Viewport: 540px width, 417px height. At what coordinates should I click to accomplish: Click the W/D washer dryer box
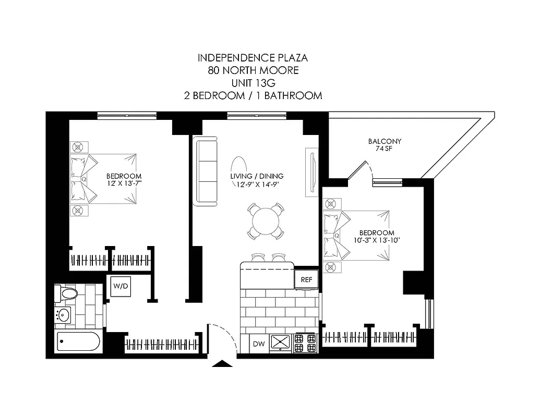120,286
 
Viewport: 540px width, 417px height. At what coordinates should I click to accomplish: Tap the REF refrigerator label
306,280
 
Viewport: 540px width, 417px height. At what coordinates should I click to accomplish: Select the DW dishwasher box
258,344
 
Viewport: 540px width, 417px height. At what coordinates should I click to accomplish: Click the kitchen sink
282,342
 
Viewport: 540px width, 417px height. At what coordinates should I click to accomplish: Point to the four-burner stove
306,342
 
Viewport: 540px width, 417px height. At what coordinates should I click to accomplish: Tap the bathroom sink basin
64,315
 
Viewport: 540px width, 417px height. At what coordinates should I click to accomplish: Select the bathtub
77,342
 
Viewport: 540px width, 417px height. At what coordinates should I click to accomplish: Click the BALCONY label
385,141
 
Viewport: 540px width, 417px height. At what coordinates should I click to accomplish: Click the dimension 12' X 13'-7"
124,183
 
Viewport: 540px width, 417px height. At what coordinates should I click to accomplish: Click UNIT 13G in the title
253,83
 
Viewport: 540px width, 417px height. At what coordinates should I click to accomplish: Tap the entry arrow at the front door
223,363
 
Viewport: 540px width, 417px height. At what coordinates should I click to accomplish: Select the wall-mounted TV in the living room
311,172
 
